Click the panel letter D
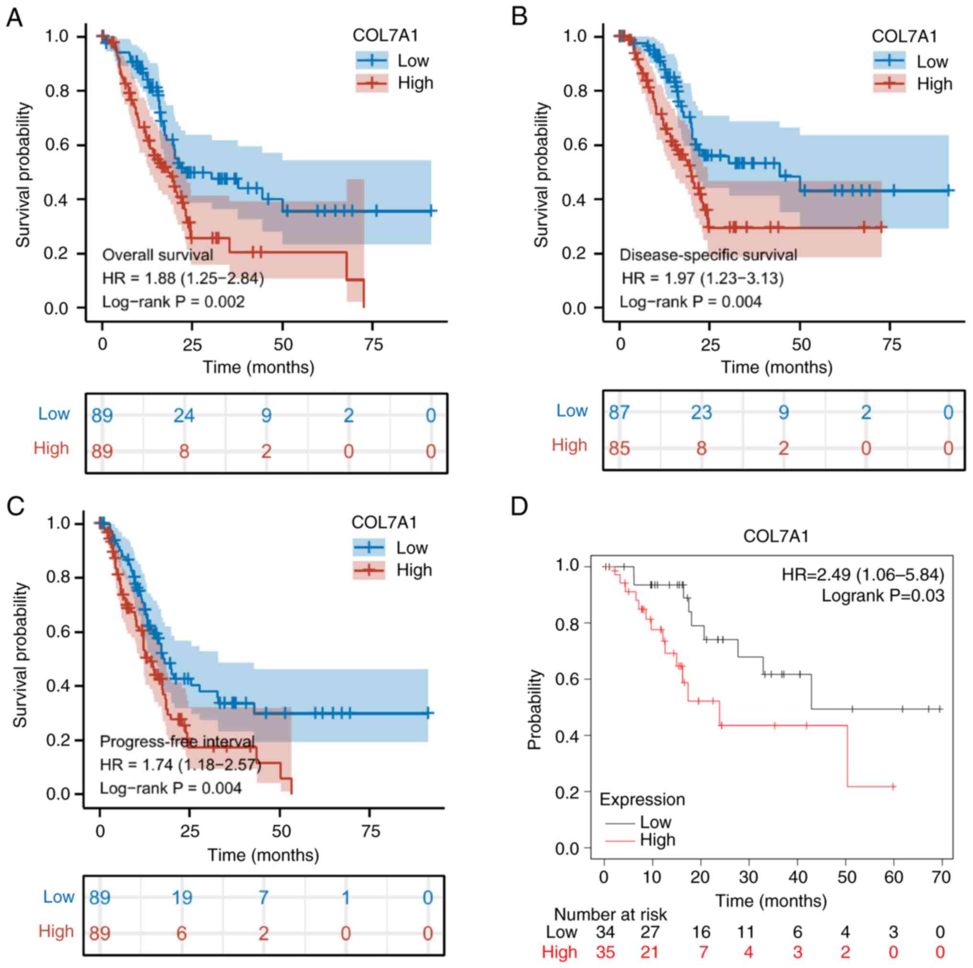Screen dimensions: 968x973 pos(519,506)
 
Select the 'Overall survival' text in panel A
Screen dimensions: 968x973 pos(158,255)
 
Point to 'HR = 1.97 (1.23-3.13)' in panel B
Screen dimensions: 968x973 pos(702,278)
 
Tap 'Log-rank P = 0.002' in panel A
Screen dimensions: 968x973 pos(173,302)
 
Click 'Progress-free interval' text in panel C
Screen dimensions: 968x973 pos(177,742)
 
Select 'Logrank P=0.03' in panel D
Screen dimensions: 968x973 pos(883,596)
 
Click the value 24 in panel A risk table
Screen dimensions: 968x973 pos(184,416)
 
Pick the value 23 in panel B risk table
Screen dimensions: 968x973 pos(701,413)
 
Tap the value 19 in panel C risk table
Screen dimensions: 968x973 pos(182,898)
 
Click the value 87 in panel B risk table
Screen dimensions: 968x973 pos(619,413)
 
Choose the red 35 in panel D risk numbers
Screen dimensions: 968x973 pos(605,952)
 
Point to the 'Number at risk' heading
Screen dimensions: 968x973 pos(611,914)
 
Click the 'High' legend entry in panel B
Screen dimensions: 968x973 pos(934,84)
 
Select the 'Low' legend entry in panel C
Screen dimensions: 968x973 pos(412,548)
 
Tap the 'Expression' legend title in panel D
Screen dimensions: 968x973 pos(642,800)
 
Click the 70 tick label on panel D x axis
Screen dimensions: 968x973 pos(940,877)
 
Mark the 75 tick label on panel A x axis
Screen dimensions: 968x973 pos(373,345)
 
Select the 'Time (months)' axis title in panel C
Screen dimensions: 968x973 pos(263,855)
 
